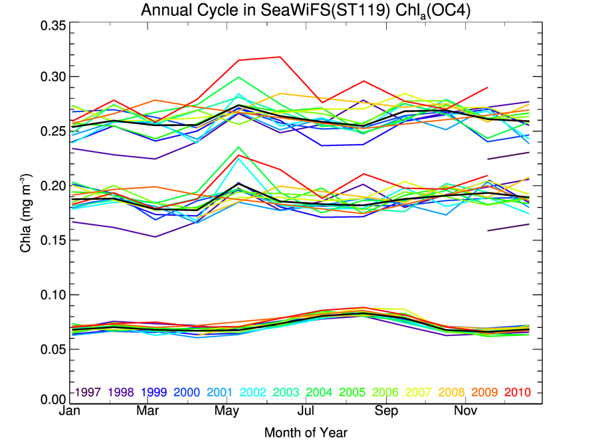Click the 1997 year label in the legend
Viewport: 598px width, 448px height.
point(87,392)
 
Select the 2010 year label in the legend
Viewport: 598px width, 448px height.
point(518,392)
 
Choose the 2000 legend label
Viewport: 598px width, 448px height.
point(187,392)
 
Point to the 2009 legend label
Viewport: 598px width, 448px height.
point(485,392)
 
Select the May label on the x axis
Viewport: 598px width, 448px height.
point(227,411)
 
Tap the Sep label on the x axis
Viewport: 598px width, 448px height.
point(387,411)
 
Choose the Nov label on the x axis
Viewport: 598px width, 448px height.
point(466,411)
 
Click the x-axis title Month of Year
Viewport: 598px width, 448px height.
point(306,433)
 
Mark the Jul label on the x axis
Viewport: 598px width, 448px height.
point(306,411)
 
